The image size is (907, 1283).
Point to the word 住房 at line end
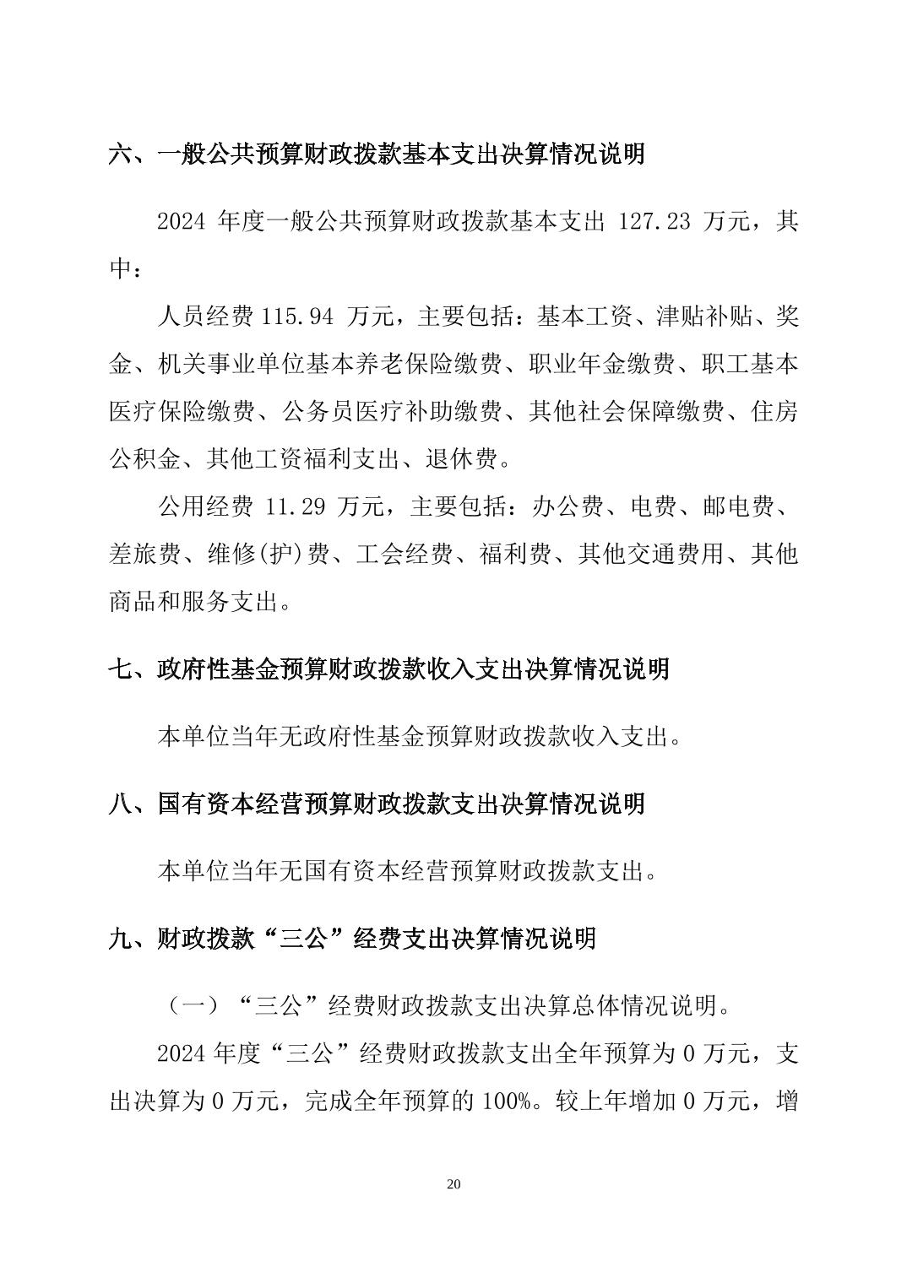pyautogui.click(x=774, y=412)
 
